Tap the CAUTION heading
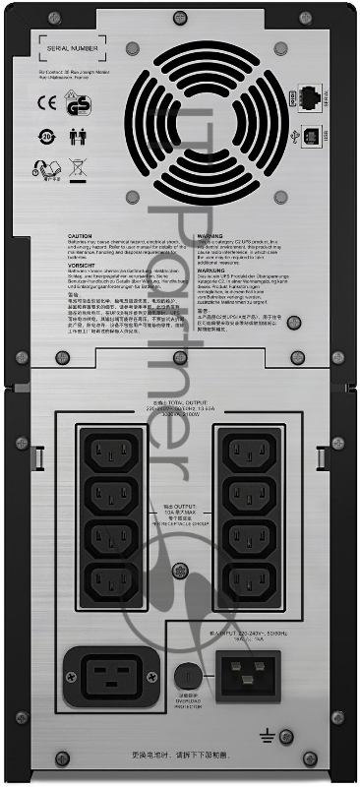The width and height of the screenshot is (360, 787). coord(80,237)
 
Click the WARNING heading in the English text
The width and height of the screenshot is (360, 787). coord(211,237)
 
